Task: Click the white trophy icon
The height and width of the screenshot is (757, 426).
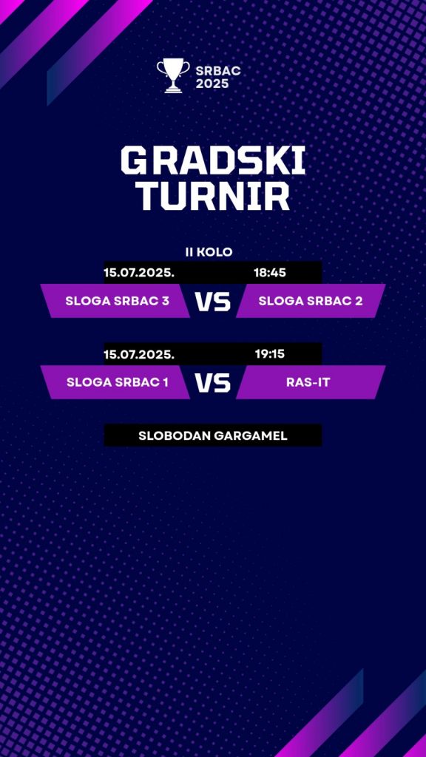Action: (x=173, y=75)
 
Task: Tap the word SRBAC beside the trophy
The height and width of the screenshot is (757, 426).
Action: (x=218, y=71)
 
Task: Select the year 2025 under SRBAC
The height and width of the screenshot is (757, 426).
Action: (x=212, y=84)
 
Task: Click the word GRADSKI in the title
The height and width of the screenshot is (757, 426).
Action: (x=213, y=160)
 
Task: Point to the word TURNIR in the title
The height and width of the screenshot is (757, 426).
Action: (x=212, y=196)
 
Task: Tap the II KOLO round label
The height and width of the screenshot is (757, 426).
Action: (x=209, y=251)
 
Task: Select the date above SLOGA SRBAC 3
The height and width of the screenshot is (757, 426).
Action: (x=139, y=272)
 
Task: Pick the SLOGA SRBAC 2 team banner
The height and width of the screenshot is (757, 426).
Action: (x=311, y=301)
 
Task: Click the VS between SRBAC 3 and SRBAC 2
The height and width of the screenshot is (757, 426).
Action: (x=213, y=302)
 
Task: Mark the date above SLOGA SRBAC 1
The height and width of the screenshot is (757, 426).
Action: (x=139, y=354)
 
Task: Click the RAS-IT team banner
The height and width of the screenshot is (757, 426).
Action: (x=311, y=382)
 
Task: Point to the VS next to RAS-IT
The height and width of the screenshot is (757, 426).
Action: (x=213, y=383)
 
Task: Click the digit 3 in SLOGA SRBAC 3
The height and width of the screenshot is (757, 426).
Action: (x=166, y=301)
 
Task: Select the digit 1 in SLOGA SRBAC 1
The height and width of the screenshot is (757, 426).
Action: (x=166, y=382)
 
